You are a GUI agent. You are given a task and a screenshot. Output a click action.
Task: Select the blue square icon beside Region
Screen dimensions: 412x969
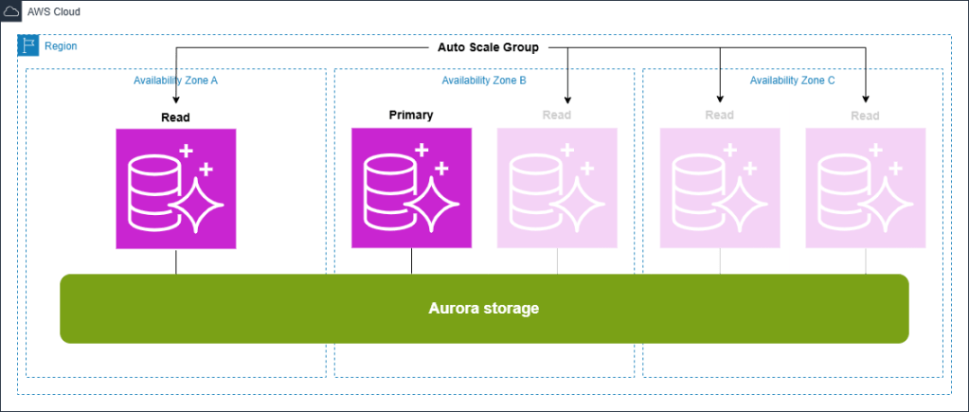(28, 45)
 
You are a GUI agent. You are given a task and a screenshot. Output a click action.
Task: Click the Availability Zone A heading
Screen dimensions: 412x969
(176, 81)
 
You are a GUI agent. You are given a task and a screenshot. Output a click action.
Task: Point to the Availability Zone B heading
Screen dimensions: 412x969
(484, 81)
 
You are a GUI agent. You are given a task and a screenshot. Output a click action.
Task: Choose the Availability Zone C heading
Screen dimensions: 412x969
(792, 81)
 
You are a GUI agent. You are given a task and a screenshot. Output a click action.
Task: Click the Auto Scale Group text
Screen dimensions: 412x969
(489, 47)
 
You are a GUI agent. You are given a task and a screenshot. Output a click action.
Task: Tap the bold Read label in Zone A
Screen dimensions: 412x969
(175, 117)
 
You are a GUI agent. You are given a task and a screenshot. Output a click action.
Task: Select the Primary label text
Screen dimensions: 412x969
(411, 115)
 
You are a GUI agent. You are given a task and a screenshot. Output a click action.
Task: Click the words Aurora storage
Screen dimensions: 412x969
(484, 309)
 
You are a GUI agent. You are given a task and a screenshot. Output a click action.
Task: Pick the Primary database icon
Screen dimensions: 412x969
(410, 188)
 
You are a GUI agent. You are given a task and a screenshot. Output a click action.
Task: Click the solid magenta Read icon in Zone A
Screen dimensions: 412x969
(175, 188)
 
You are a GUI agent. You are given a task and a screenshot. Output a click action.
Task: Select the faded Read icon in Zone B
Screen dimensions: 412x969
(557, 188)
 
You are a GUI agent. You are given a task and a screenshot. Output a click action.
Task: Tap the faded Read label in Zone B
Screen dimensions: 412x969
(557, 116)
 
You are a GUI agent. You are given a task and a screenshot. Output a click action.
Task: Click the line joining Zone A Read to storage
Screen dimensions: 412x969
(175, 262)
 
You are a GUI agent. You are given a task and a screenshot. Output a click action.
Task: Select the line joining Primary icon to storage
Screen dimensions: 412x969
(410, 261)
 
